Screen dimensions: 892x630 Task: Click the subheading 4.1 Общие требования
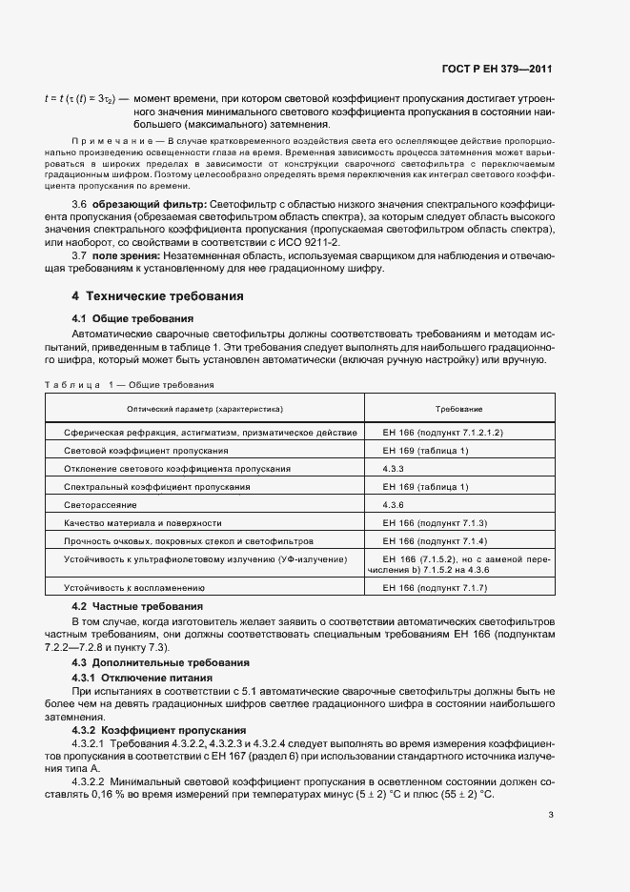[x=133, y=318]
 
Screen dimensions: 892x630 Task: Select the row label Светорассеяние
[x=100, y=504]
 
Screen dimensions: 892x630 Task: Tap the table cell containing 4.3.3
[x=394, y=468]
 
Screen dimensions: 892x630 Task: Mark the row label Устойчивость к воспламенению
[x=134, y=589]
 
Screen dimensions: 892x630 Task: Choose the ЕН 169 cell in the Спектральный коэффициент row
[x=425, y=486]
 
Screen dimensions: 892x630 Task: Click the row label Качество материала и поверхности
[x=143, y=522]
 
